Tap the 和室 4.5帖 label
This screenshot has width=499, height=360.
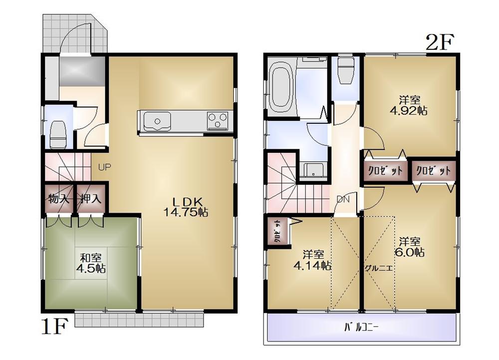[x=91, y=263]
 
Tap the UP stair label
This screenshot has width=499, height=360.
[x=104, y=168]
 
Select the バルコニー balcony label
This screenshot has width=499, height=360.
[x=362, y=328]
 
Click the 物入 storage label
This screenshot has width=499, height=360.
[x=59, y=199]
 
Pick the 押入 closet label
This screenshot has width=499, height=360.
[x=90, y=199]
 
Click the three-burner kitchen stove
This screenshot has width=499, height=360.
[x=218, y=120]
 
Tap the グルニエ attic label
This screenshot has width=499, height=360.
[x=379, y=268]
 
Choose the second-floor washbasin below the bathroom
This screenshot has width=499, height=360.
[x=313, y=170]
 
